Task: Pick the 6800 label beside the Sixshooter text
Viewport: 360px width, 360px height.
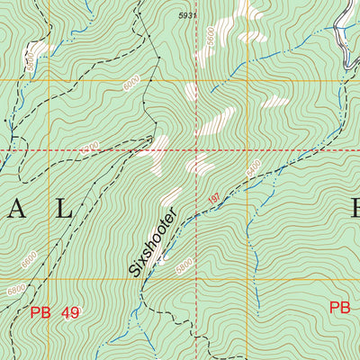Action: click(184, 266)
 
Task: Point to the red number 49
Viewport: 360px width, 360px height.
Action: click(70, 312)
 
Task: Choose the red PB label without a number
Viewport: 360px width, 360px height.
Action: click(339, 307)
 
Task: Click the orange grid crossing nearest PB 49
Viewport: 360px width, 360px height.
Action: click(49, 279)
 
